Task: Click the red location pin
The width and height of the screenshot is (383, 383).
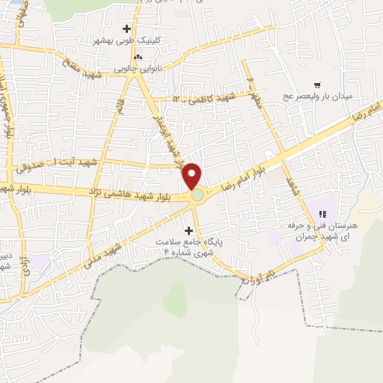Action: (x=193, y=175)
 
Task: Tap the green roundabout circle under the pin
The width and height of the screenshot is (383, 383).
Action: (x=197, y=195)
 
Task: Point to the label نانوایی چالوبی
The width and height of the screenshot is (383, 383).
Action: (x=138, y=69)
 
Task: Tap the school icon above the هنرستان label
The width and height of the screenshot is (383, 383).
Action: (x=324, y=214)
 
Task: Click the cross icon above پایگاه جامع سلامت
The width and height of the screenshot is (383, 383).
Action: (x=188, y=230)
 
